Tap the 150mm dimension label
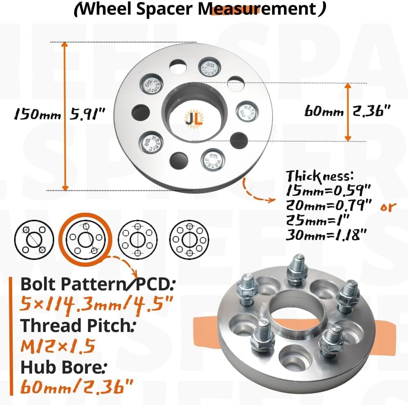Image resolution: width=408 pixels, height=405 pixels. pos(37,115)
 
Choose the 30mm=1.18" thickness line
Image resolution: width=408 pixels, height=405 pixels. pos(326,235)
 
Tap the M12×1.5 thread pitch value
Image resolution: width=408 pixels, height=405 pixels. pos(58,346)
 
